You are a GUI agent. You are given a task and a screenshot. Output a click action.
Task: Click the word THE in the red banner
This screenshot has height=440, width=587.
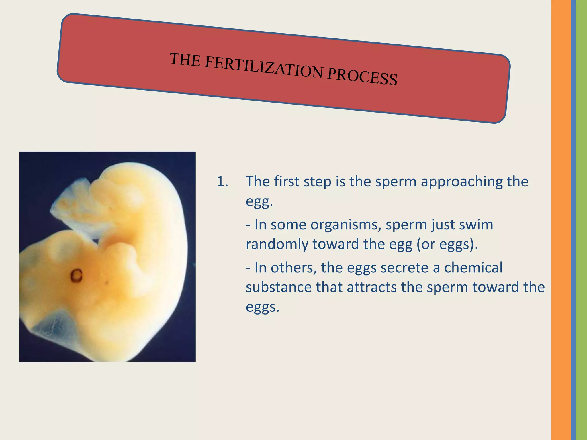click(185, 59)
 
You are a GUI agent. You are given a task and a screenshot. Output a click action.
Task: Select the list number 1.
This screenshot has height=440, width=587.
click(222, 182)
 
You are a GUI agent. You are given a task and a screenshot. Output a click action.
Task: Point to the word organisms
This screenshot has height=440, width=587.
click(346, 225)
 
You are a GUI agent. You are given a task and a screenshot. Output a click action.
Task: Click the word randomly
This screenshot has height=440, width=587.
click(277, 244)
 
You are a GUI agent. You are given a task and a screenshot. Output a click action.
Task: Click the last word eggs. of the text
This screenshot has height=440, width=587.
click(262, 307)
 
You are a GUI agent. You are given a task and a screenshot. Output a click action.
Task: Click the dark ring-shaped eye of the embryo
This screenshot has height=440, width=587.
click(77, 275)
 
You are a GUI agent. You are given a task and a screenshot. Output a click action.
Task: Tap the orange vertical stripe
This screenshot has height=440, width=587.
click(561, 220)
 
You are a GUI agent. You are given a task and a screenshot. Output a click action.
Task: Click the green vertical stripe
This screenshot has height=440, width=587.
click(582, 220)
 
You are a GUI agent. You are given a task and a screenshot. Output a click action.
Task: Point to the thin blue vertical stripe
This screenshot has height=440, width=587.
click(573, 220)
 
